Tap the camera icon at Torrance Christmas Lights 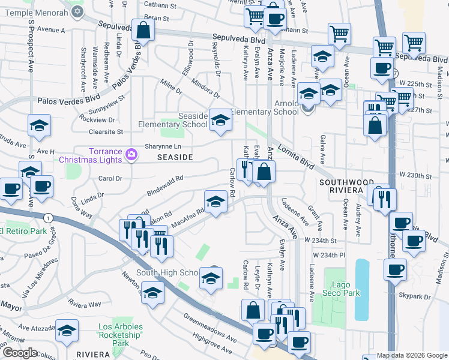(131, 156)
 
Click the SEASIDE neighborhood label (175, 157)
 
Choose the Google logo (20, 352)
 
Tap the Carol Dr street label (110, 179)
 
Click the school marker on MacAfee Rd (216, 200)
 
